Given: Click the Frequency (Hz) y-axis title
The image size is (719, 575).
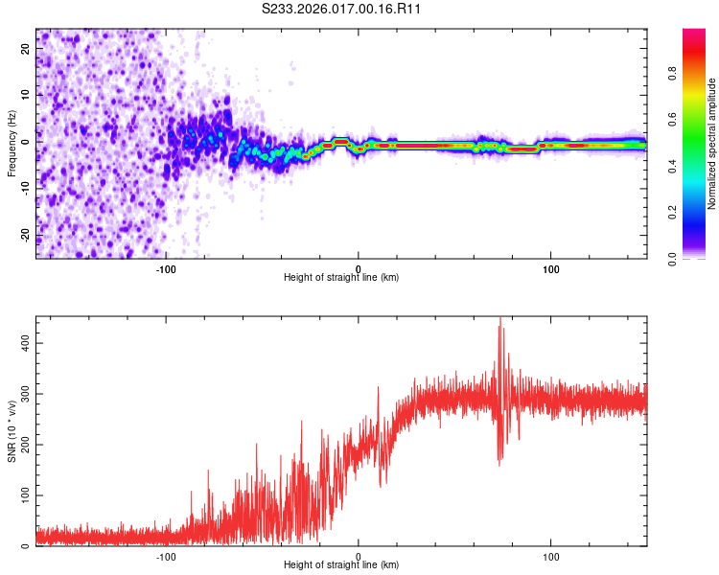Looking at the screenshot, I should pyautogui.click(x=12, y=144).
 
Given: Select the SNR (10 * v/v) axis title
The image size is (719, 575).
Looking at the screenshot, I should pyautogui.click(x=12, y=431).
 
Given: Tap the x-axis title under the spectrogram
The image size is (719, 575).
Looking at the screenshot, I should pyautogui.click(x=341, y=277).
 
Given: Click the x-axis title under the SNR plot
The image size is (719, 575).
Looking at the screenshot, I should pyautogui.click(x=341, y=564).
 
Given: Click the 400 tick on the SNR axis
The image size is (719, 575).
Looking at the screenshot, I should pyautogui.click(x=26, y=342).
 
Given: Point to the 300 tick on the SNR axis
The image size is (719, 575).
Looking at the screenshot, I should pyautogui.click(x=26, y=393).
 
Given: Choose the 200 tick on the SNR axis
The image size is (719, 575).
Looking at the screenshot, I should pyautogui.click(x=26, y=444).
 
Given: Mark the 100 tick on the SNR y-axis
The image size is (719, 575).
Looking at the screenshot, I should pyautogui.click(x=26, y=495).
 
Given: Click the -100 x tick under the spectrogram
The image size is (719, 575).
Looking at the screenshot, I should pyautogui.click(x=166, y=267).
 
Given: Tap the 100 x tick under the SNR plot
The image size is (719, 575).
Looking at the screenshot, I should pyautogui.click(x=551, y=555).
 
